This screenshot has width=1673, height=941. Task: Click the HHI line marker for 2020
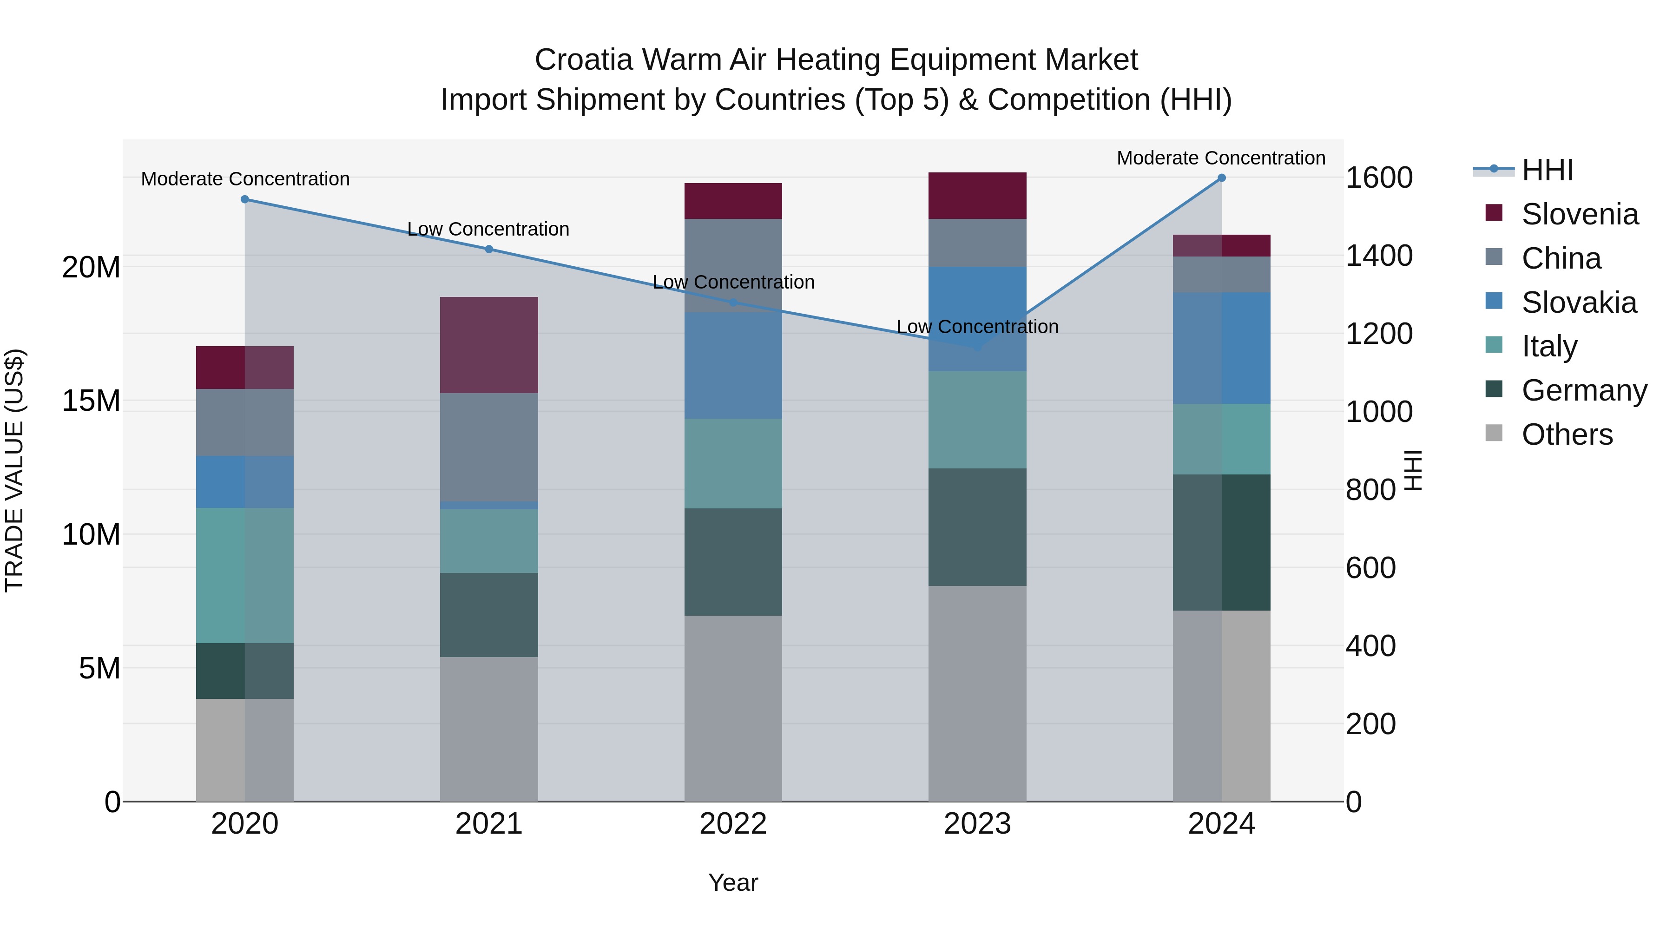point(245,199)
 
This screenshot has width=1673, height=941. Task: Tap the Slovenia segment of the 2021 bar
point(489,345)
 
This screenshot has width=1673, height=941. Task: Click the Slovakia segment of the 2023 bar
point(977,319)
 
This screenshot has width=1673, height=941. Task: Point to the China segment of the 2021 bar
point(489,447)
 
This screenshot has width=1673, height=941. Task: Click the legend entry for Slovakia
point(1578,303)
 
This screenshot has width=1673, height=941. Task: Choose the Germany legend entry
point(1583,390)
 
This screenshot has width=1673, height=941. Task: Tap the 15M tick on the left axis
point(91,401)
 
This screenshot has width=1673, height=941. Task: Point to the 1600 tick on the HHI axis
point(1378,178)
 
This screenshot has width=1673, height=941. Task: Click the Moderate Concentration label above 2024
point(1221,158)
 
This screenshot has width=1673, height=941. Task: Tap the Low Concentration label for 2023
point(977,327)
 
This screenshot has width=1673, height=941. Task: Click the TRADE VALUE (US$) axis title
point(14,470)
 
